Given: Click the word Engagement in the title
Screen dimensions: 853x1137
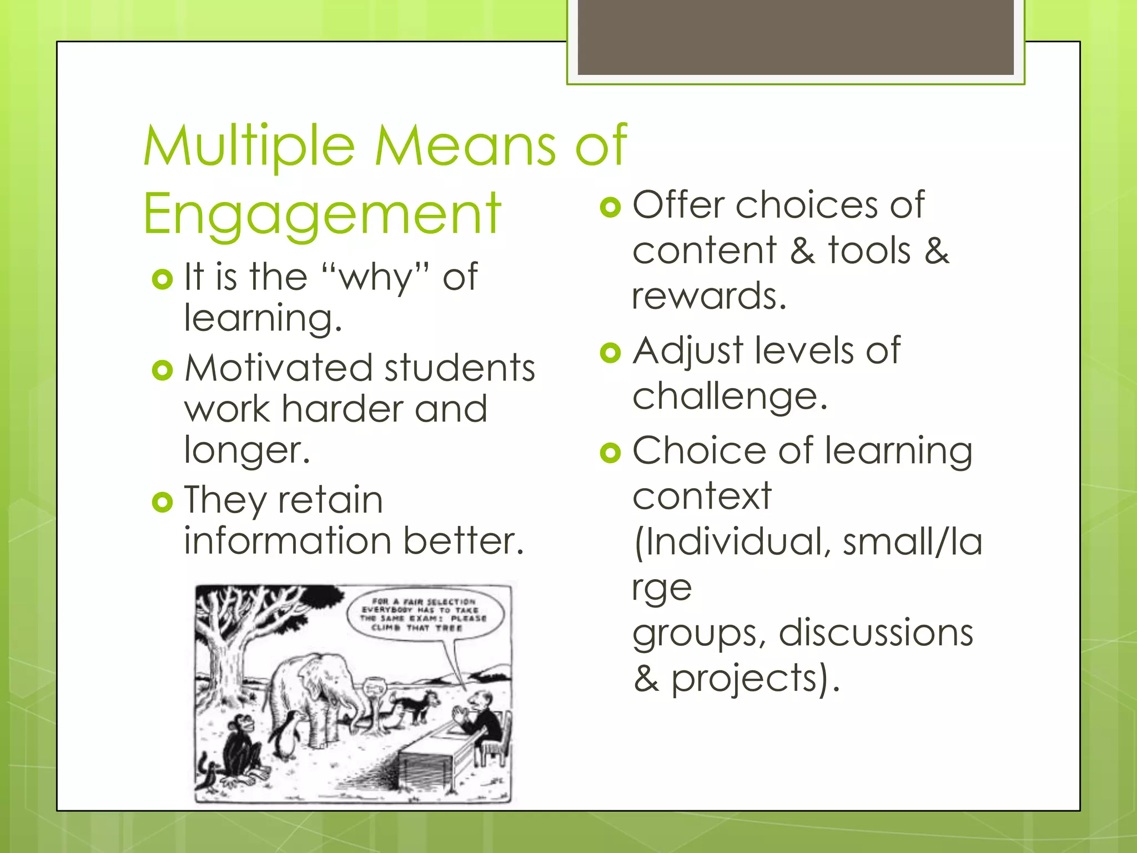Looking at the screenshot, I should (x=322, y=214).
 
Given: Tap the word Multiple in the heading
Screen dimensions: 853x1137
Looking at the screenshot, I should (x=249, y=145).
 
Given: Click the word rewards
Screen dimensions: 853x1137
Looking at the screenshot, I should (x=709, y=296).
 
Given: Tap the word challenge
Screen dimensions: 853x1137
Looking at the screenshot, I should (x=729, y=397).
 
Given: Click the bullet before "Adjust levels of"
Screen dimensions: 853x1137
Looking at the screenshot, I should (x=610, y=353).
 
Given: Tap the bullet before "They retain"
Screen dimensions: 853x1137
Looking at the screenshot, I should (x=162, y=503).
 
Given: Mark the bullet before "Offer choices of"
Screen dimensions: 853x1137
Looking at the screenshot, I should (x=610, y=207).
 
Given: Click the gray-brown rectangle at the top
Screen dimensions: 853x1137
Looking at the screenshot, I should (x=796, y=37).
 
